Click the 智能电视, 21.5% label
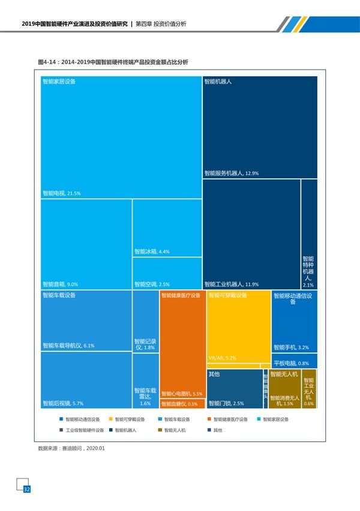pos(61,193)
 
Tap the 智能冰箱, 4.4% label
pos(152,252)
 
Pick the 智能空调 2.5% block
pos(167,274)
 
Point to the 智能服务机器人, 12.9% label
pos(231,174)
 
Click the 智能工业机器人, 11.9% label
pos(232,284)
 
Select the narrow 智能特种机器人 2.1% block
pos(308,234)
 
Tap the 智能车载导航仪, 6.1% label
pos(68,346)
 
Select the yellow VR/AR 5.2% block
pos(238,327)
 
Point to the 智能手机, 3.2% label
pos(291,347)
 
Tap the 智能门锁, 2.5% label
pos(226,404)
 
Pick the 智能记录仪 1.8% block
pos(145,322)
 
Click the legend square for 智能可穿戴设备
pos(110,419)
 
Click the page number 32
pos(26,490)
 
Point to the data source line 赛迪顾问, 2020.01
pos(71,447)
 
